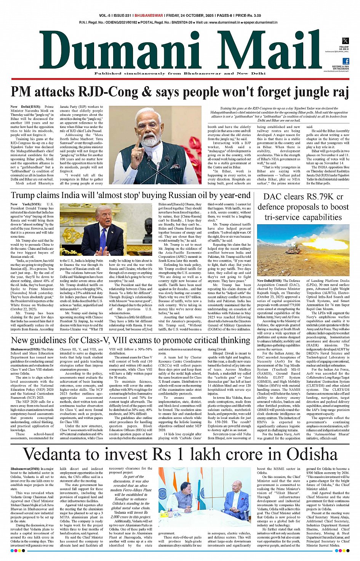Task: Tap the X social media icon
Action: click(x=345, y=41)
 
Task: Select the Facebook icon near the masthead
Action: click(x=346, y=61)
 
